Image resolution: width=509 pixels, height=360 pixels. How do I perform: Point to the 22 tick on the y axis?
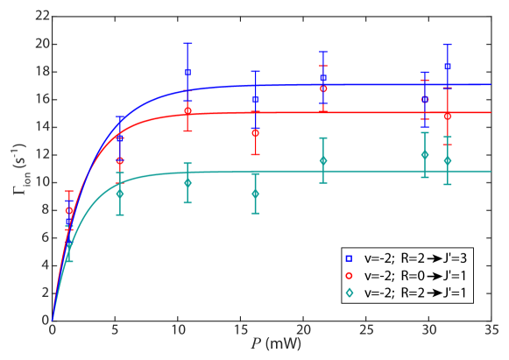click(x=40, y=17)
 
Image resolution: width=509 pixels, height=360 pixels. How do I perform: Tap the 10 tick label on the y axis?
click(x=40, y=182)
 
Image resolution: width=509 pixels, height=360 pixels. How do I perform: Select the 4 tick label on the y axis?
click(x=44, y=265)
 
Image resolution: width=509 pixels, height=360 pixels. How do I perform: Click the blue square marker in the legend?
click(x=349, y=258)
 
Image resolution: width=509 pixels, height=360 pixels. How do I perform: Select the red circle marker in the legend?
click(x=349, y=276)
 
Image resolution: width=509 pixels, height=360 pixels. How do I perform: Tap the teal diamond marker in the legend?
click(x=349, y=293)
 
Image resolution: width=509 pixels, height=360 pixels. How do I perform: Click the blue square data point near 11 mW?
click(x=187, y=73)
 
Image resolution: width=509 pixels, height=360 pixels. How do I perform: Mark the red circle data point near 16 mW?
click(x=255, y=133)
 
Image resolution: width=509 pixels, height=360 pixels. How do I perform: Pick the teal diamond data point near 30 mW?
click(x=425, y=155)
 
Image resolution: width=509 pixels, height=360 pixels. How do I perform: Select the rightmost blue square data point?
click(x=448, y=67)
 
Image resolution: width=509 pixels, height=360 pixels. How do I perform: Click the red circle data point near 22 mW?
click(x=323, y=88)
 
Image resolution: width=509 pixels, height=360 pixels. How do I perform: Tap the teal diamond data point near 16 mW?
click(x=255, y=194)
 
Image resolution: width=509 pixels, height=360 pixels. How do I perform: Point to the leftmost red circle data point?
click(x=69, y=210)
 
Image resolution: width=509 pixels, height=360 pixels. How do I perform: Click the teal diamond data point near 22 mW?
click(x=323, y=160)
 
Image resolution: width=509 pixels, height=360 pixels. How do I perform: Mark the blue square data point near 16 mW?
click(x=255, y=100)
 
